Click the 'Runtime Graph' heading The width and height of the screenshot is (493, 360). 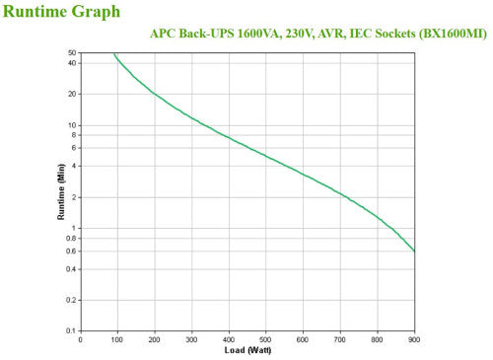[62, 12]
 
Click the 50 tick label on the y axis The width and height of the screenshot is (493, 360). [72, 52]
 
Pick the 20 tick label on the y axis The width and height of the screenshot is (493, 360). [72, 94]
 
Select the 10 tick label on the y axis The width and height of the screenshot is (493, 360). [72, 125]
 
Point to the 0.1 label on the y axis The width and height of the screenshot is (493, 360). [70, 331]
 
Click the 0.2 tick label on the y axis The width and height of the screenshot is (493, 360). [70, 300]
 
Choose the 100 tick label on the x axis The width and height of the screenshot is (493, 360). [117, 340]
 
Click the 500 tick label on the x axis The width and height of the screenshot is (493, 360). [266, 340]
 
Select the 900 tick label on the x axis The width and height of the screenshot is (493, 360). [414, 340]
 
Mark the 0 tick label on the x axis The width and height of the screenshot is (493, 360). [81, 340]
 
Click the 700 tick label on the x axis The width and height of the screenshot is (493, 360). [340, 340]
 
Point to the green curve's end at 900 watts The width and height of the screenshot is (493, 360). [414, 251]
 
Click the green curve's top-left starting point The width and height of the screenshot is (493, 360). [113, 54]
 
